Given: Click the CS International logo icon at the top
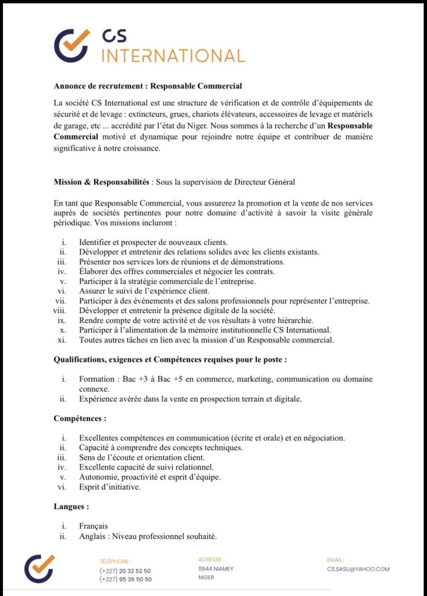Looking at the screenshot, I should point(72,45).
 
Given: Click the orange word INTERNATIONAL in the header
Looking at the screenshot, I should point(173,56).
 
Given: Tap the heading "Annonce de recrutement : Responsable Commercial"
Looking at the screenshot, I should point(148,86).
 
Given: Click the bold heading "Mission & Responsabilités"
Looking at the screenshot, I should point(102,182).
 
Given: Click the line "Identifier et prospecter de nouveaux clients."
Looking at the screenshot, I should point(153,242).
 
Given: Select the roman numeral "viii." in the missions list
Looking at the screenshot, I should point(61,311).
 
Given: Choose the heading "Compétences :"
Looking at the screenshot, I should point(80,418).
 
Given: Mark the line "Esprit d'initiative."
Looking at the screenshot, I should point(110,487).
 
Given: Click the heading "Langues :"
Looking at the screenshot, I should point(71,507).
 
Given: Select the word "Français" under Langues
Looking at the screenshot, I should point(94,526).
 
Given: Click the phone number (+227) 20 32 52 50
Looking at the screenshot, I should point(125,571).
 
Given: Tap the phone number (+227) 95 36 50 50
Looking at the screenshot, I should point(125,579).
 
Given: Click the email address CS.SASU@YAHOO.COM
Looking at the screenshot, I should point(358,569).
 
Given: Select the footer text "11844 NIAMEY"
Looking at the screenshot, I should point(216,569).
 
